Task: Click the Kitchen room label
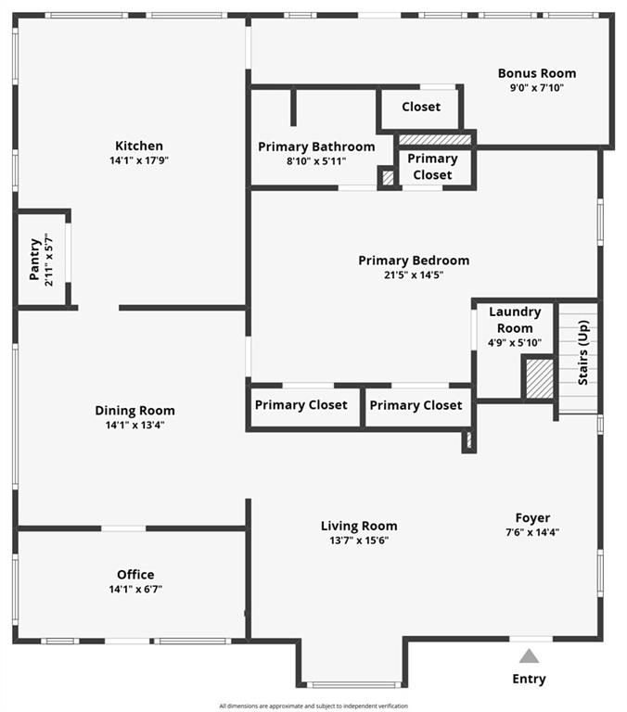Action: coord(139,146)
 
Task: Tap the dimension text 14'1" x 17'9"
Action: coord(139,160)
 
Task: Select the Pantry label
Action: coord(34,260)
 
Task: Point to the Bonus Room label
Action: coord(537,73)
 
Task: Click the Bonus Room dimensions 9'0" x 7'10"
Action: coord(537,88)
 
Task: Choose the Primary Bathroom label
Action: coord(316,146)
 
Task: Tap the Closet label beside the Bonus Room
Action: coord(421,107)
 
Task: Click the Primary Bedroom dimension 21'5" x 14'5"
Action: coord(414,274)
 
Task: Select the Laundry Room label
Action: coord(515,320)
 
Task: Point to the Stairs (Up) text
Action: coord(582,353)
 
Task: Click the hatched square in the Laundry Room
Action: coord(540,379)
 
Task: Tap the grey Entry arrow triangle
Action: coord(529,656)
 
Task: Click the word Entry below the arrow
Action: coord(529,679)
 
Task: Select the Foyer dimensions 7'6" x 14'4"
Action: coord(532,532)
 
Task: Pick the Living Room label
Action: coord(359,526)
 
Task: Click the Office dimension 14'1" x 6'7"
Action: coord(135,589)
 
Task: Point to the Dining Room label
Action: coord(134,411)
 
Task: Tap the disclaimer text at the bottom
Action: coord(313,706)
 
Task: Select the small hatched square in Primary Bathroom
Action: coord(388,177)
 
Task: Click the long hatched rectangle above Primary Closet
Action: coord(435,139)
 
